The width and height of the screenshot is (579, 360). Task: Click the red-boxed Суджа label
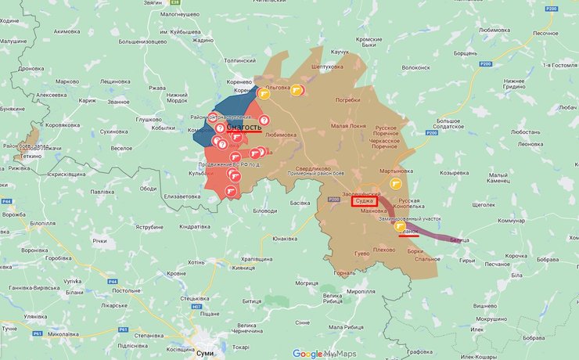(365, 201)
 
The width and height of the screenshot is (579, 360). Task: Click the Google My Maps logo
(323, 354)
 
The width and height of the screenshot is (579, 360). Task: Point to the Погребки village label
(347, 100)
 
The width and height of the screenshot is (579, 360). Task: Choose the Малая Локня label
(347, 125)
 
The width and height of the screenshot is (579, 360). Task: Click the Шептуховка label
(328, 67)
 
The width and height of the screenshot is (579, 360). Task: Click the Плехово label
(383, 250)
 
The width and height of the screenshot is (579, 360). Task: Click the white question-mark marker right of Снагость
(264, 120)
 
